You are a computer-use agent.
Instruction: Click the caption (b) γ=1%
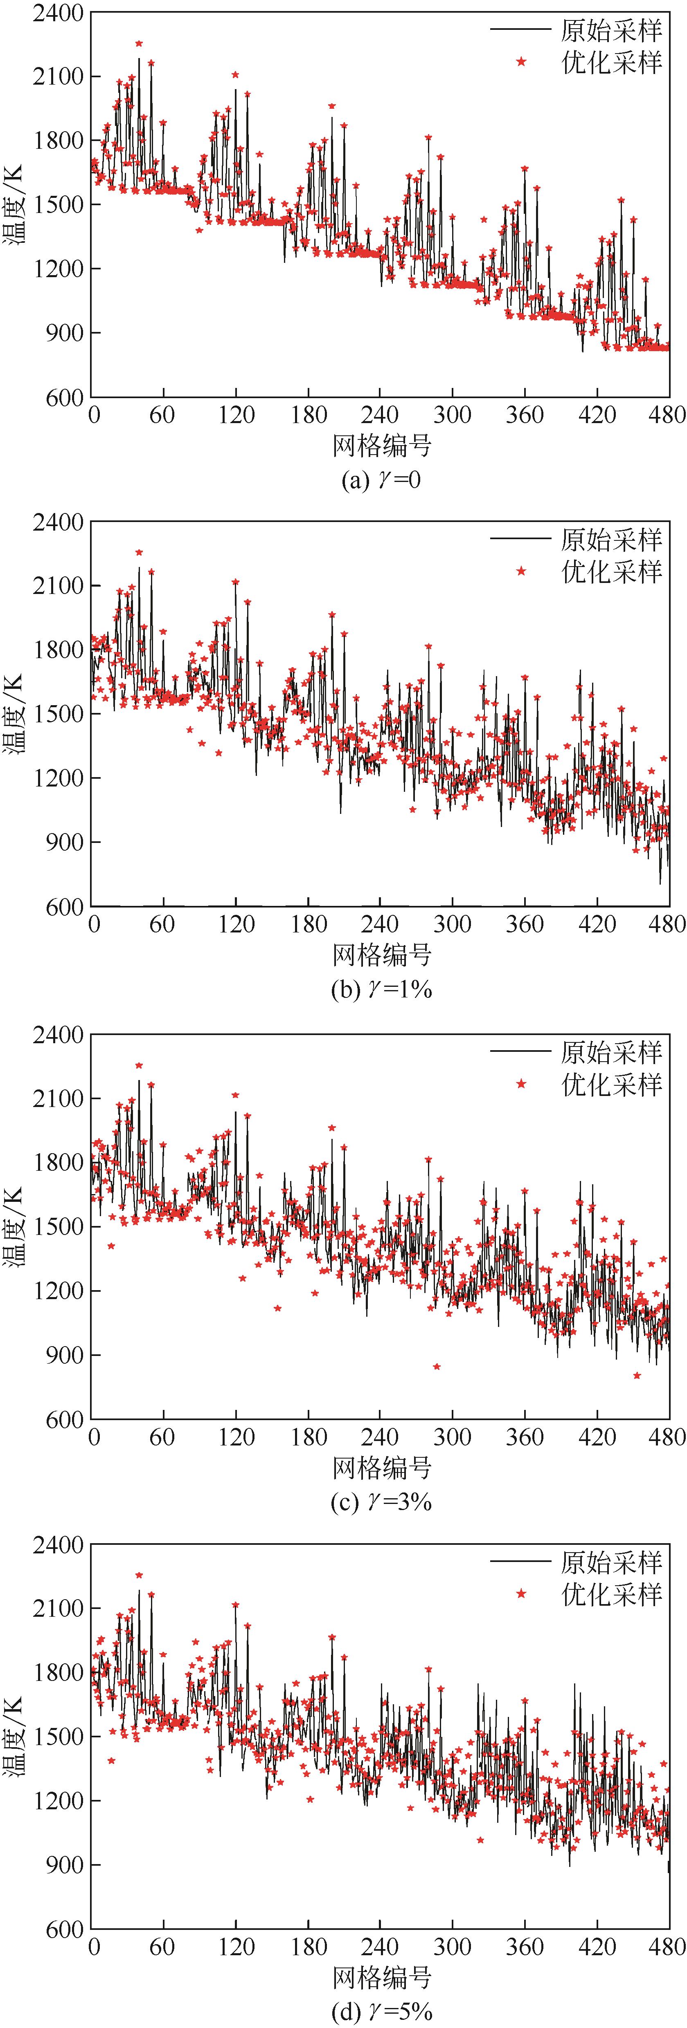point(381,989)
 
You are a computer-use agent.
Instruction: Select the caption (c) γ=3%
point(381,1502)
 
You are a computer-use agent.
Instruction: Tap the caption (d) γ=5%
point(381,2012)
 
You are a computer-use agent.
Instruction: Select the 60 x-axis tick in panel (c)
point(162,1437)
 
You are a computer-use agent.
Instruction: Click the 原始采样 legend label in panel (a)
point(611,30)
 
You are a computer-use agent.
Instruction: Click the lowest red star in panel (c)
point(637,1376)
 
